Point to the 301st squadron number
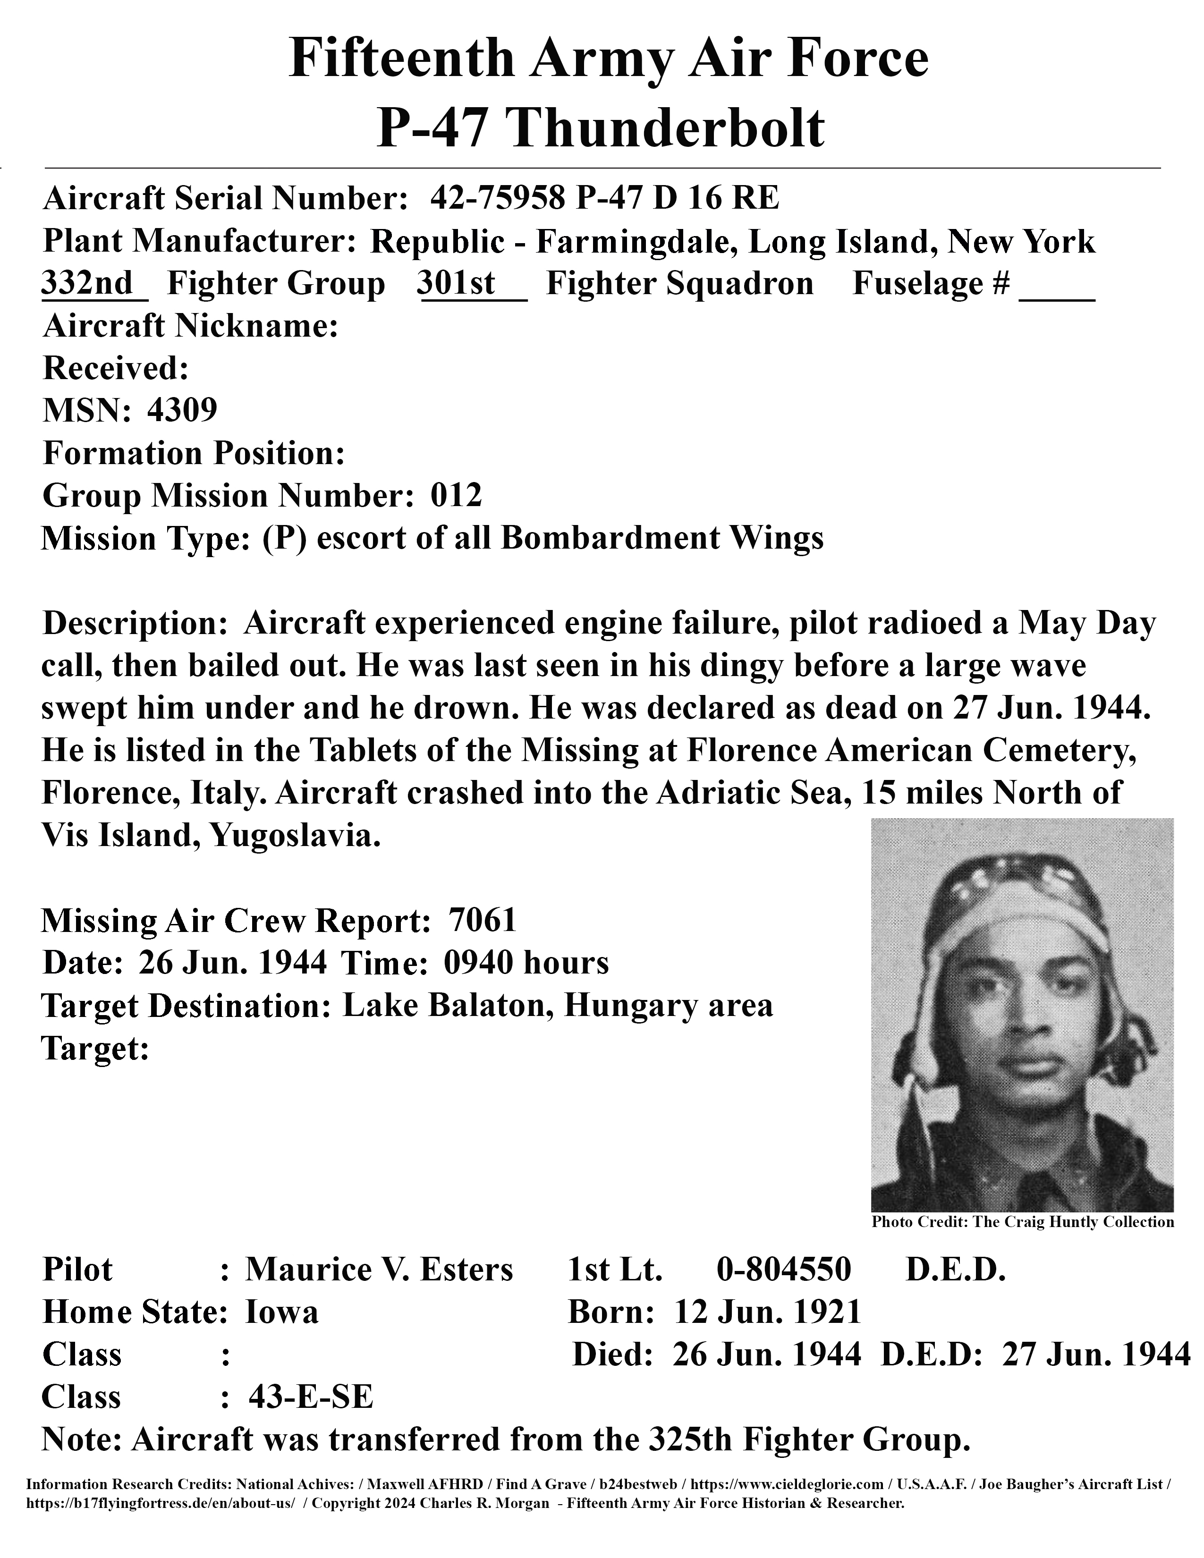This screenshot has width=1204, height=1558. click(x=457, y=283)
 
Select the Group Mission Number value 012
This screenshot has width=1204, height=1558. click(x=457, y=495)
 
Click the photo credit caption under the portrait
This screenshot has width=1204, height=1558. click(x=1022, y=1222)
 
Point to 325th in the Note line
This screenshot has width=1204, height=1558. click(x=690, y=1439)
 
